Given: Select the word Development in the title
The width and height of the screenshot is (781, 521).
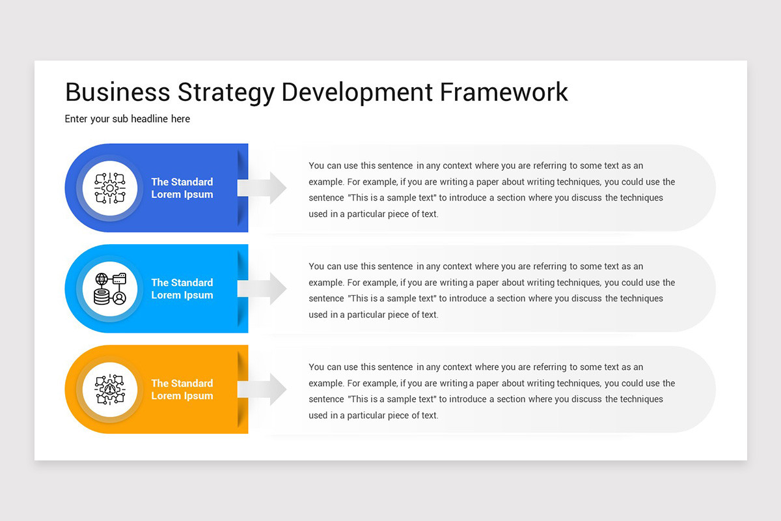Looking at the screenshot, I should click(357, 92).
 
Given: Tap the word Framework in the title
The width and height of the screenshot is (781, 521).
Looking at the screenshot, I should click(504, 92).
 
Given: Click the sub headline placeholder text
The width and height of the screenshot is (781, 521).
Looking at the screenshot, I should click(128, 119).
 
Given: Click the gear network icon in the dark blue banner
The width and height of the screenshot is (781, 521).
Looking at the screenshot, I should click(110, 188).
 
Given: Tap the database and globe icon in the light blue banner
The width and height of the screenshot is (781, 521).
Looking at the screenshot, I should click(110, 289).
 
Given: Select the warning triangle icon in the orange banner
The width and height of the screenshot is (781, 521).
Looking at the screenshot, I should click(110, 389).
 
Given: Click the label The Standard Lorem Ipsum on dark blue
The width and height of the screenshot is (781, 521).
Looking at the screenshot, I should click(182, 188).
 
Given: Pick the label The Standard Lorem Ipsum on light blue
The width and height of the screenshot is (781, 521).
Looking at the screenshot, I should click(182, 289).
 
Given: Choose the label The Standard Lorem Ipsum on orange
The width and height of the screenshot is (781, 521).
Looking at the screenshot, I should click(182, 389).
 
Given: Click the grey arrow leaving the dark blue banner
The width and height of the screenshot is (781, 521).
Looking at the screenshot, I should click(262, 188).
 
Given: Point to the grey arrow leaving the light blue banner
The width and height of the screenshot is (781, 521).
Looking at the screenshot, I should click(262, 289).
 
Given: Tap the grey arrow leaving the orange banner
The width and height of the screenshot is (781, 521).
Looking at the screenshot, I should click(262, 389).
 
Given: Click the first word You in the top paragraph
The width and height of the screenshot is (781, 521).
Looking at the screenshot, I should click(316, 166).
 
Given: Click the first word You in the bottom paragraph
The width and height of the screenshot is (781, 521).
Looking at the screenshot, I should click(316, 367).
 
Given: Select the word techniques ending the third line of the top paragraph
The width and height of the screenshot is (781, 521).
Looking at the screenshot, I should click(641, 198).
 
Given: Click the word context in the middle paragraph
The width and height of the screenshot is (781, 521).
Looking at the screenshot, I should click(458, 266).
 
